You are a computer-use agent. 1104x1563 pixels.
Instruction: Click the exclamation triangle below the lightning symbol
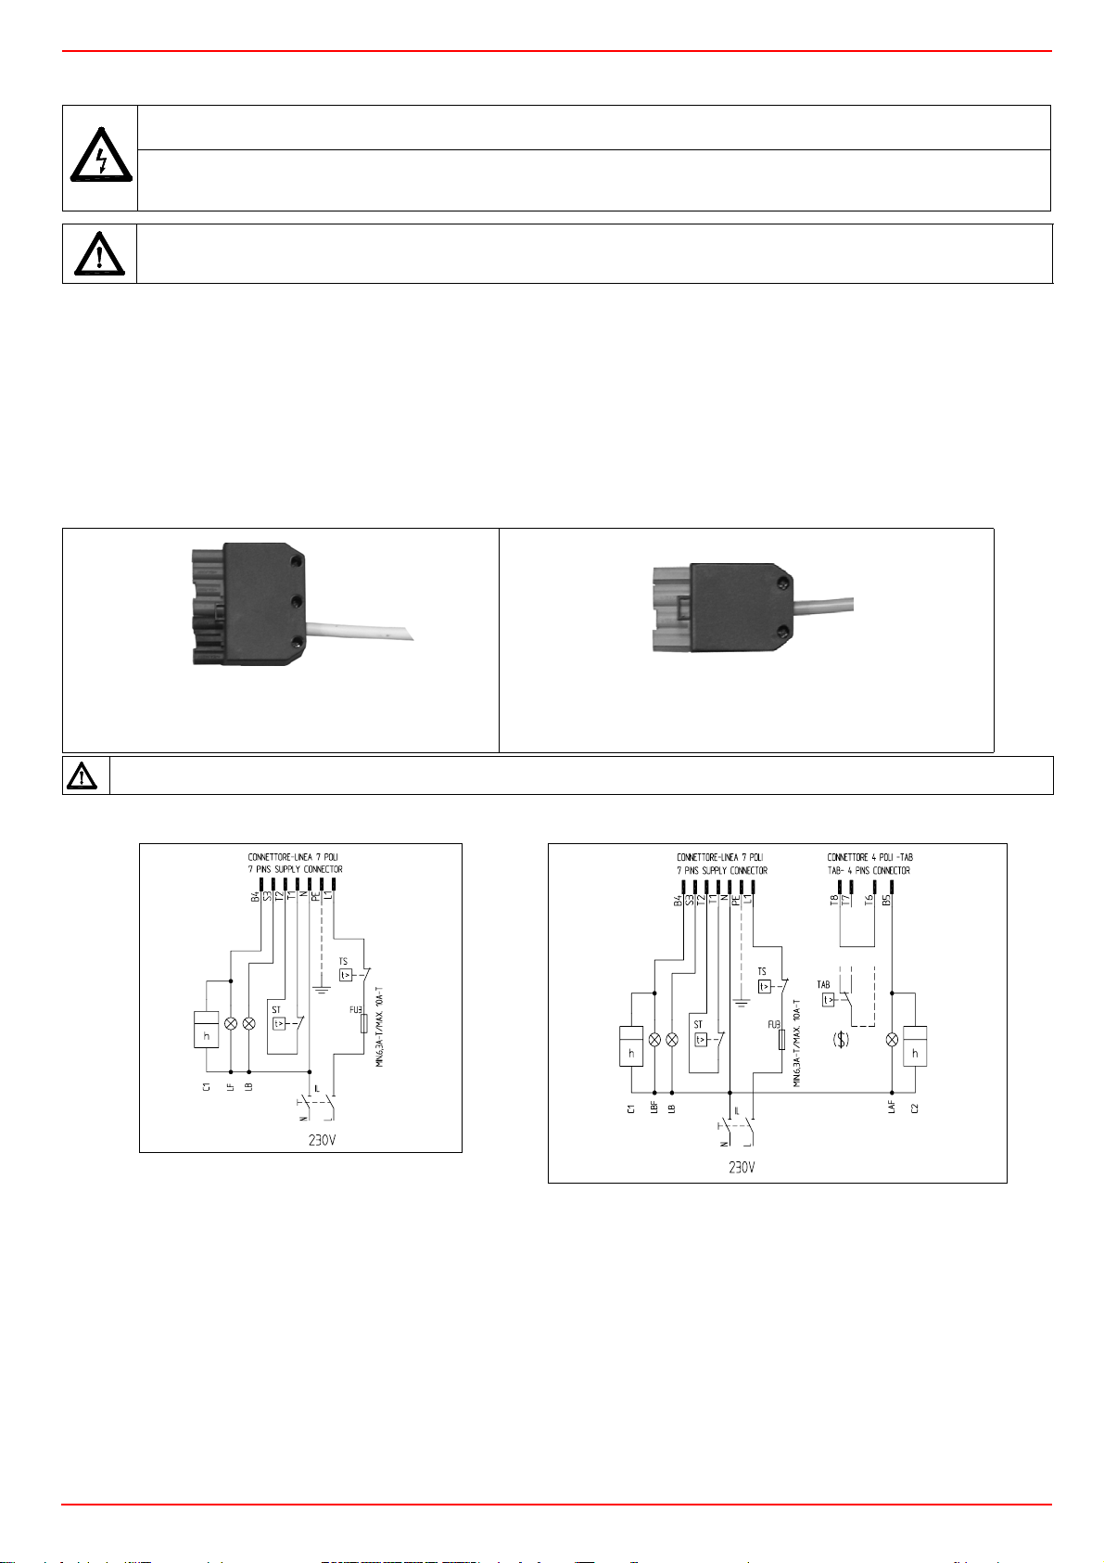[x=98, y=253]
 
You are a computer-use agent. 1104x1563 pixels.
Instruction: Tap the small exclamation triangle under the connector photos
[x=83, y=775]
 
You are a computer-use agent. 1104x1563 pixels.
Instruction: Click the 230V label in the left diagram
[x=322, y=1140]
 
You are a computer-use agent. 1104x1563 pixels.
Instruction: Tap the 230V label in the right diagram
[x=742, y=1168]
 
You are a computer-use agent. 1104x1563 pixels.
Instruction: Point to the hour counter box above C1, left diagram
[x=206, y=1029]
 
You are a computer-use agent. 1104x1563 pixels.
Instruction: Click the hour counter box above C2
[x=915, y=1046]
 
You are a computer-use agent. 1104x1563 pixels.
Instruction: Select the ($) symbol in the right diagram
[x=841, y=1040]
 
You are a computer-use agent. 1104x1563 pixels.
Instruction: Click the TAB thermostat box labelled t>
[x=829, y=999]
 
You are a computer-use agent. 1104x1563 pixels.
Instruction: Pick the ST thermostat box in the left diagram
[x=279, y=1023]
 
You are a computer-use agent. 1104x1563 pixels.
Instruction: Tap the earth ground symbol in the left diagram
[x=321, y=988]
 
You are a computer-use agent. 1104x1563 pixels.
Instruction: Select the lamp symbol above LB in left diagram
[x=248, y=1023]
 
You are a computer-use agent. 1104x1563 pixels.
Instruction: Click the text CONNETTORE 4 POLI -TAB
[x=869, y=857]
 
